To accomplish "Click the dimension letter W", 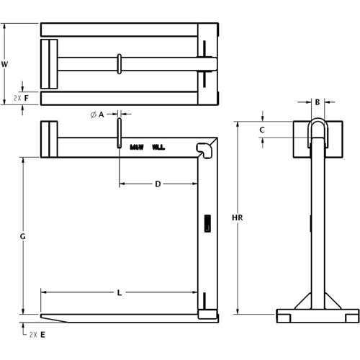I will [5, 64].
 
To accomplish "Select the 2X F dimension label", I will [21, 96].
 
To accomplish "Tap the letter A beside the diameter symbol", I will [102, 114].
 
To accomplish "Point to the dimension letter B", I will [318, 102].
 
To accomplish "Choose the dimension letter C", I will [262, 130].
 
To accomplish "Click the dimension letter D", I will [158, 184].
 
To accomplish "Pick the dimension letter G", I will [23, 235].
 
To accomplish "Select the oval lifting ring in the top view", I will [119, 63].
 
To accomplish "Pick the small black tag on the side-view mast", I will [207, 223].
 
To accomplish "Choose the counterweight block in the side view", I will [49, 140].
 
